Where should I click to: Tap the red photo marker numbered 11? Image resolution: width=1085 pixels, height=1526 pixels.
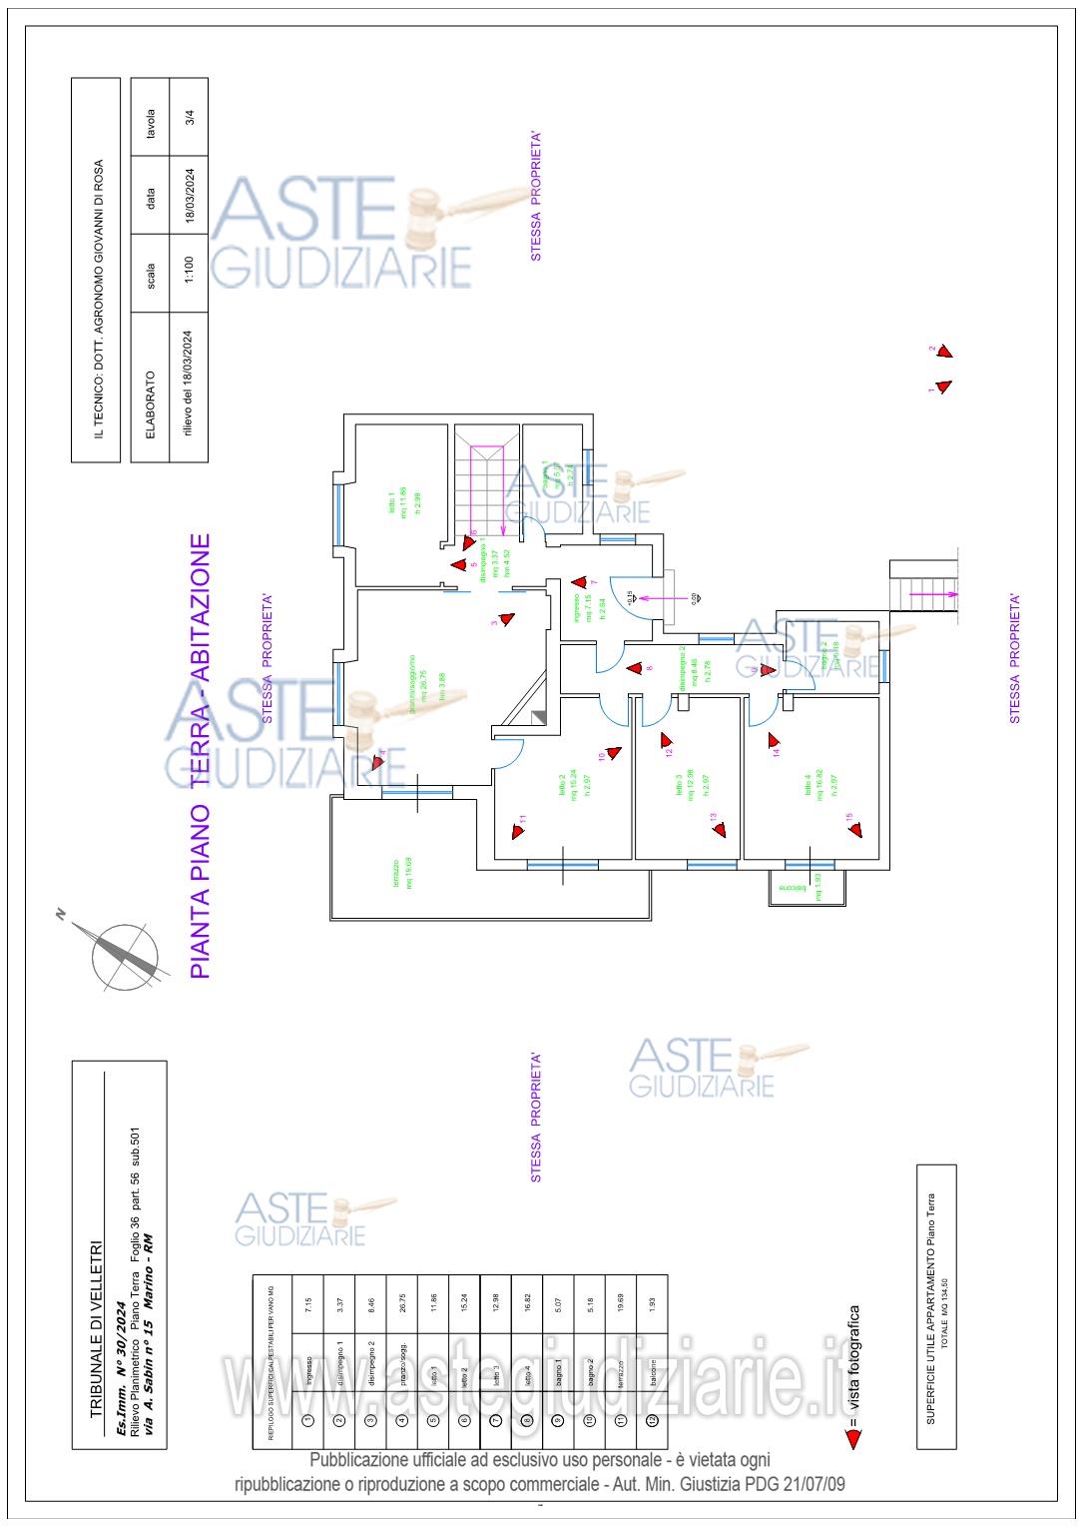[x=518, y=828]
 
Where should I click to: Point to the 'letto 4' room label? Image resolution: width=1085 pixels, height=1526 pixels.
[x=808, y=788]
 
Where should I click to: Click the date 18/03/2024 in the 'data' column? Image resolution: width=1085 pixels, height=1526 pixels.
[x=189, y=196]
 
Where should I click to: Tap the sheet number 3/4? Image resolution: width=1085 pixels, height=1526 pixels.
[x=189, y=115]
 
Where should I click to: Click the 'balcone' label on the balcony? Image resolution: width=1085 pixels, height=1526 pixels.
[x=793, y=887]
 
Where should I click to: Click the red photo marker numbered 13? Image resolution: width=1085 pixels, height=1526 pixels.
[x=720, y=828]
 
